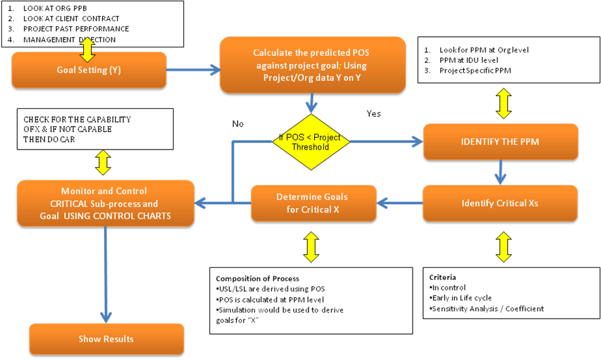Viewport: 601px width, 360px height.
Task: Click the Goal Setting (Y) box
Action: [x=89, y=70]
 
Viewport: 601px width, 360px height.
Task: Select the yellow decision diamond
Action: [x=311, y=142]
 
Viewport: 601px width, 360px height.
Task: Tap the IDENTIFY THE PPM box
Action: [x=501, y=142]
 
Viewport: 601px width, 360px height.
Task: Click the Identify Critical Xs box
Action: [x=500, y=203]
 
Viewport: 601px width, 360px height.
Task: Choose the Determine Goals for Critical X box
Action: [x=313, y=203]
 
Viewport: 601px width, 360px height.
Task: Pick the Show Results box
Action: [x=107, y=339]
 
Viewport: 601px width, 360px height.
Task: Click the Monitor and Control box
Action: [x=105, y=203]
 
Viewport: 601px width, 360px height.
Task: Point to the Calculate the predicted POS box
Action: [x=312, y=65]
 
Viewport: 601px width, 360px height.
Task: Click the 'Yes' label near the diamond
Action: [x=374, y=114]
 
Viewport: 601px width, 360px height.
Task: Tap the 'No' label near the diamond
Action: [x=238, y=124]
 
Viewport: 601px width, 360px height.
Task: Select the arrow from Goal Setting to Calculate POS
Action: [x=193, y=70]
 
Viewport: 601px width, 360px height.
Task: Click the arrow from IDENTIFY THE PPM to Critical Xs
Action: [x=500, y=172]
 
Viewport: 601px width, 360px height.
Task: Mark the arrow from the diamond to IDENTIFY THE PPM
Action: [x=387, y=142]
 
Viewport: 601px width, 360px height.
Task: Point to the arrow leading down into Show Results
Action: [x=106, y=274]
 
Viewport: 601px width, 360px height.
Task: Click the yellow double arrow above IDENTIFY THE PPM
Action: [x=504, y=103]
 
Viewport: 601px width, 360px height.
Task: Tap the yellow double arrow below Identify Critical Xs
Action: [x=504, y=247]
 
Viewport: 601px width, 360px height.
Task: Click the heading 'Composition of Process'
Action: [x=257, y=278]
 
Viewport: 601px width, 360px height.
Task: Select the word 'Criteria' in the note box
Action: [x=443, y=278]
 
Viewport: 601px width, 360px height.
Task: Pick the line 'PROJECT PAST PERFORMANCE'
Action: [x=76, y=29]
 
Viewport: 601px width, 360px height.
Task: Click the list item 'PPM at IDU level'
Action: [x=469, y=60]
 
